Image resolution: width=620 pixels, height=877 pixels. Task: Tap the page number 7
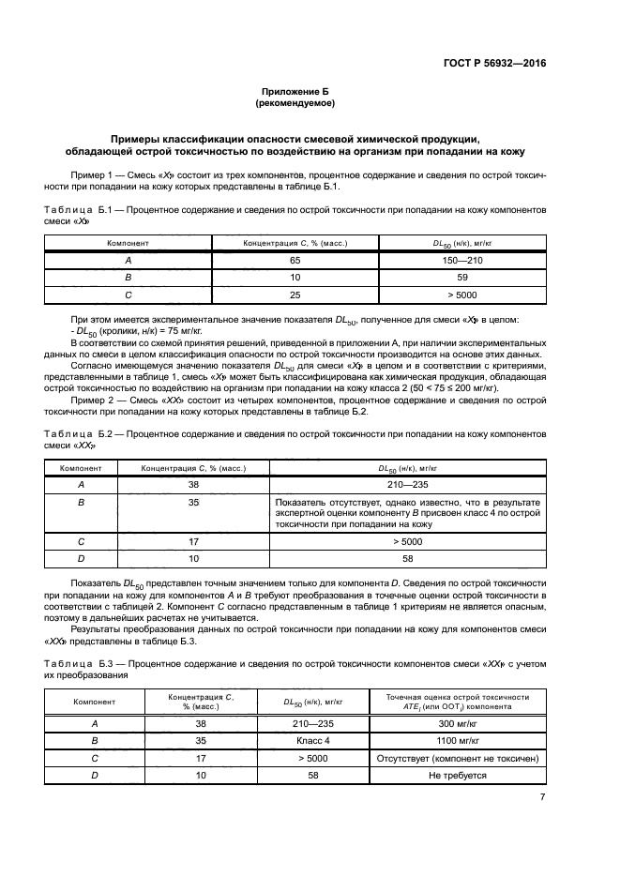coord(542,797)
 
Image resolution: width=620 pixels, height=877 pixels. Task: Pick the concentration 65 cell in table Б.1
coord(295,260)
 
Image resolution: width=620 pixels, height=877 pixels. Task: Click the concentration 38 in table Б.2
coord(193,486)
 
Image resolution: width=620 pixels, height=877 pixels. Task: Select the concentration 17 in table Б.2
coord(193,541)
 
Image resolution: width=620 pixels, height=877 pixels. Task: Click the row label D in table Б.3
coord(94,776)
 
